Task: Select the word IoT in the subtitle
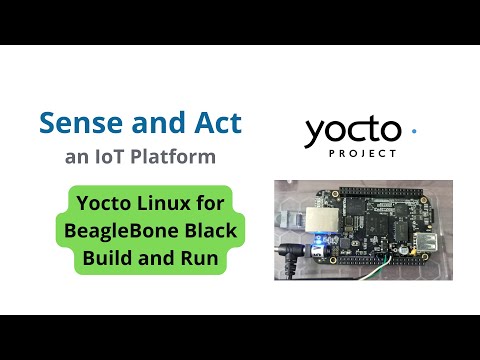[x=110, y=157]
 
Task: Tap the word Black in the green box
[x=209, y=232]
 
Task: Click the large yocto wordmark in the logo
[x=353, y=131]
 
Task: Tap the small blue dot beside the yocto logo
[x=414, y=130]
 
